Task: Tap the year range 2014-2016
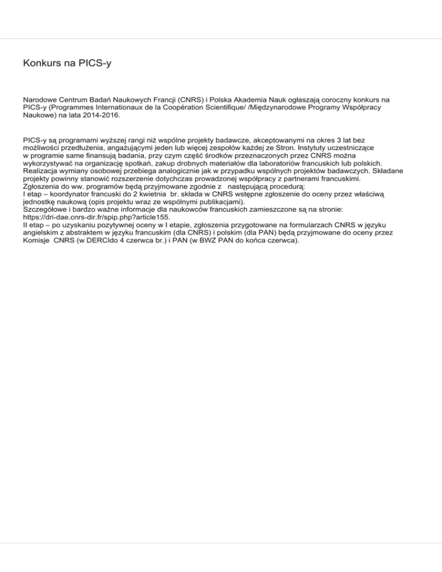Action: pyautogui.click(x=101, y=116)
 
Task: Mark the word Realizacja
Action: pyautogui.click(x=45, y=172)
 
